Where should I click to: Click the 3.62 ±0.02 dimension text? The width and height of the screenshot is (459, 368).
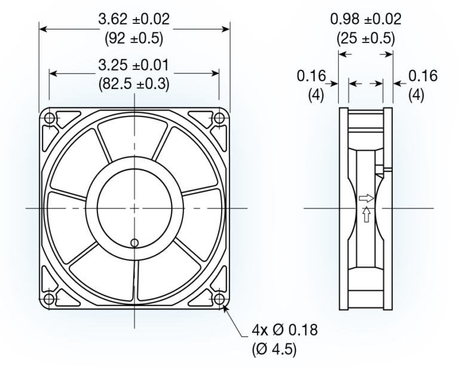(134, 19)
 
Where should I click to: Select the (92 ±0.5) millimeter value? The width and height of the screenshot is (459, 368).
(134, 39)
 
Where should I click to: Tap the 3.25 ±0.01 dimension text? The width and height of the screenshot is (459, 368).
(134, 64)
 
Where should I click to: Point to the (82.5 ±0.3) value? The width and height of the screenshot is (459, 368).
(134, 84)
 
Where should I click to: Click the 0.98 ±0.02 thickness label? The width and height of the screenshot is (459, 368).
(366, 19)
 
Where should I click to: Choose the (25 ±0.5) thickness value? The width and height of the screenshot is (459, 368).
(366, 39)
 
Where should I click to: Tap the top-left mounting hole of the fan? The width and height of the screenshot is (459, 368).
(50, 119)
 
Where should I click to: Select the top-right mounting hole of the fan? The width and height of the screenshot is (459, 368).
(219, 119)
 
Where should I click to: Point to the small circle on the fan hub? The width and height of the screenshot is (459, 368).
(134, 242)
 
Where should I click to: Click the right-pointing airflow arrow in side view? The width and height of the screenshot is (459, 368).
(366, 198)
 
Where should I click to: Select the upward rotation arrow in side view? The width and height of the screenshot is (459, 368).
(366, 214)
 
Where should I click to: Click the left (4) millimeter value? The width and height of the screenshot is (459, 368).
(316, 96)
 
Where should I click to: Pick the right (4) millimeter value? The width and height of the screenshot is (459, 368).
(417, 96)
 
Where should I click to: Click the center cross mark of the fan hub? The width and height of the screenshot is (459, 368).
(134, 208)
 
